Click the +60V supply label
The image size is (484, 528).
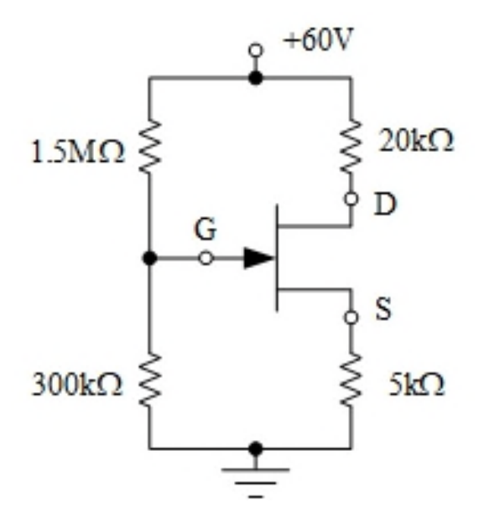point(319,39)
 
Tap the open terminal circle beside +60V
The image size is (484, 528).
point(256,50)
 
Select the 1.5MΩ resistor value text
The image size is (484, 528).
point(78,152)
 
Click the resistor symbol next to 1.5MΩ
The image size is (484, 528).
point(149,148)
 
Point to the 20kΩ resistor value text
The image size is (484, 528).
point(416,141)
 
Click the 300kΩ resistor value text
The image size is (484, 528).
point(76,385)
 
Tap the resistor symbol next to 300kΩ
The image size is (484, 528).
point(149,380)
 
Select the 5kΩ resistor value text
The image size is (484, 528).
point(417,384)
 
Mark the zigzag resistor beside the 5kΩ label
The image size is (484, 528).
point(351,380)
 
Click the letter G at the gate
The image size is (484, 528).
point(206,229)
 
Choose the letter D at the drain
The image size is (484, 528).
point(384,204)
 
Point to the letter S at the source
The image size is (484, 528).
point(383,308)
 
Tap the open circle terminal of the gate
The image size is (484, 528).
point(206,258)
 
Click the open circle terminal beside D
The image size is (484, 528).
point(351,199)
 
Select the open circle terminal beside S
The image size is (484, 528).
point(351,317)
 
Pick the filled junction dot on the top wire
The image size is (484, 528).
point(256,78)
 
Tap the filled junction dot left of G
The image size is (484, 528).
point(149,258)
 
